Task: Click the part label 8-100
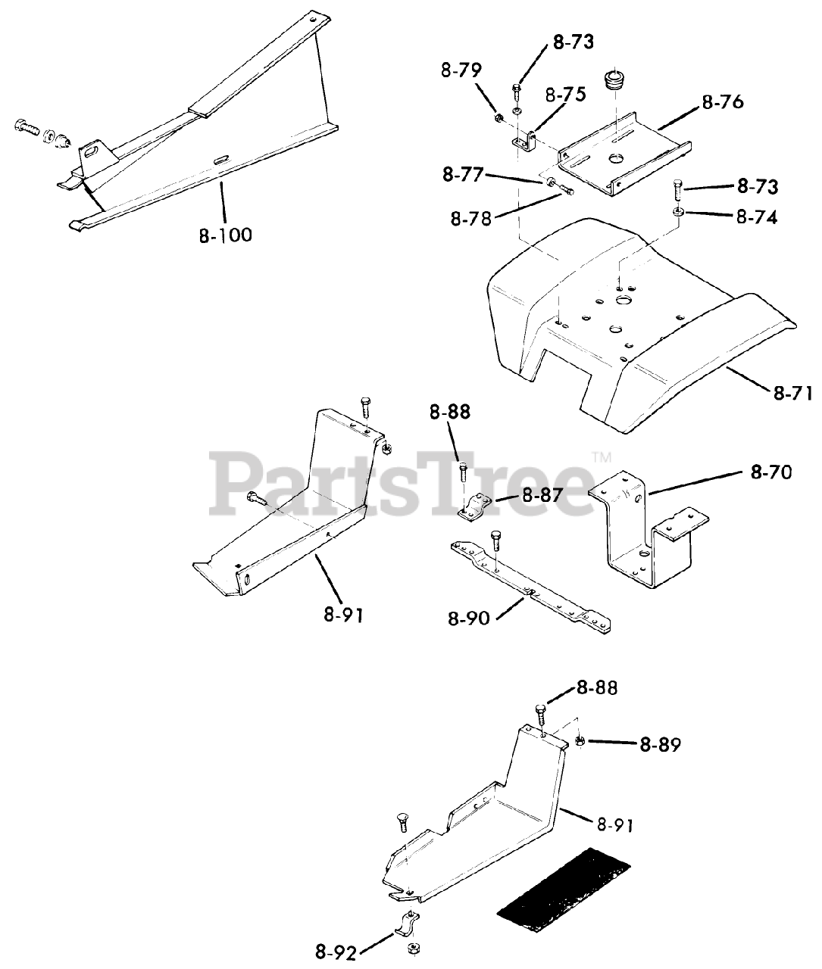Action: (x=226, y=235)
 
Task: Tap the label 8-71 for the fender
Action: (x=792, y=392)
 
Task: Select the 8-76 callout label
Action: (x=723, y=102)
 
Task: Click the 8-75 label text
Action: (x=564, y=95)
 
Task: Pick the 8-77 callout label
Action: (x=464, y=175)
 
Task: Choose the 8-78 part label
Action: (x=471, y=218)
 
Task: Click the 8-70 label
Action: (x=771, y=472)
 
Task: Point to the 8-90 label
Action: (x=469, y=618)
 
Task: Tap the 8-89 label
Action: (x=660, y=745)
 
